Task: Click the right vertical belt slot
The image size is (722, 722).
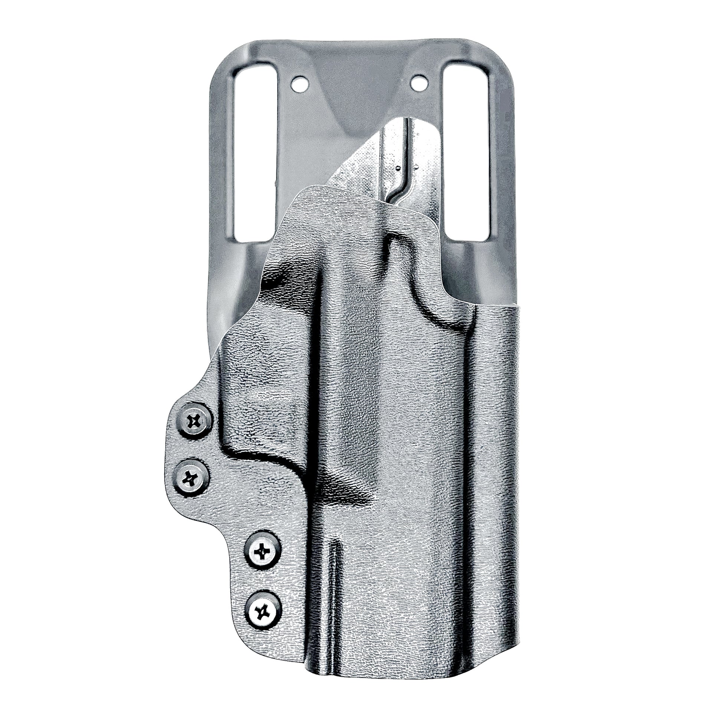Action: (x=466, y=150)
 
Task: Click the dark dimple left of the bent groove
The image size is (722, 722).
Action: (x=399, y=169)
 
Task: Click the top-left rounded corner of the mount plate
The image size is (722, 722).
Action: (x=224, y=50)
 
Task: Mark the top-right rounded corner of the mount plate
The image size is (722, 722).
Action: (x=497, y=50)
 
